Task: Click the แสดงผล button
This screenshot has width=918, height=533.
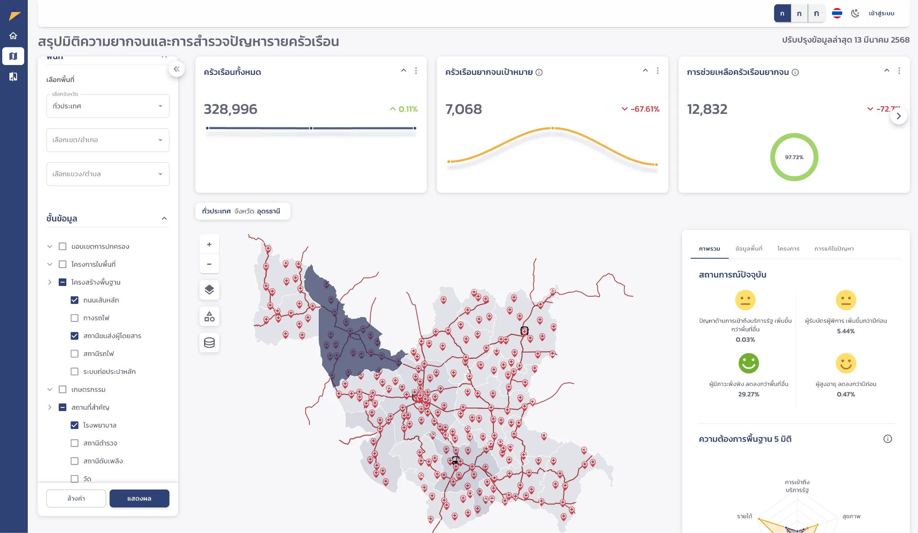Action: coord(139,498)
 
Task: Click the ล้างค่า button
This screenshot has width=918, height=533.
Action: coord(76,498)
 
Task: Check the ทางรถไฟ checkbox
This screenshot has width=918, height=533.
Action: coord(74,318)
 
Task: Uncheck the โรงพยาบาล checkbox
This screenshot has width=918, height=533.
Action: coord(74,425)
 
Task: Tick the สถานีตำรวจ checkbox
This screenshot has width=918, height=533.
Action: coord(74,443)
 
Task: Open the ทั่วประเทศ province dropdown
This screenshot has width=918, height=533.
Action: coord(108,106)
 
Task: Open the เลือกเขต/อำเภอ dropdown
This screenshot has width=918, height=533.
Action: coord(108,140)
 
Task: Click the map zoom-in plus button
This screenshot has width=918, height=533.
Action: coord(209,244)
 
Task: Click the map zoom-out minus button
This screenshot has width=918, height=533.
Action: coord(209,264)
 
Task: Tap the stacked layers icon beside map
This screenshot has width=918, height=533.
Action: coord(209,290)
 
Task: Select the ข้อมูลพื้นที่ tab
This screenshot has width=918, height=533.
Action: coord(749,248)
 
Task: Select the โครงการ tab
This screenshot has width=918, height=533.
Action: coord(788,248)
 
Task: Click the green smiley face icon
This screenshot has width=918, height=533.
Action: coord(749,363)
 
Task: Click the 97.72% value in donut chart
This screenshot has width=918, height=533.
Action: coord(794,157)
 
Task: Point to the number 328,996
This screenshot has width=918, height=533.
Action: coord(230,109)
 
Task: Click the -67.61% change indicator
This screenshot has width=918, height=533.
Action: coord(641,109)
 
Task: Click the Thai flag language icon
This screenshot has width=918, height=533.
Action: coord(837,13)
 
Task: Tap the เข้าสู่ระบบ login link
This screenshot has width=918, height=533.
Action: coord(881,13)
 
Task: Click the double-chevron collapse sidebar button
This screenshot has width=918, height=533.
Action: coord(177,69)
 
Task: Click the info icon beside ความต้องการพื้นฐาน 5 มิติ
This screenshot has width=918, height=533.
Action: coord(888,439)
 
